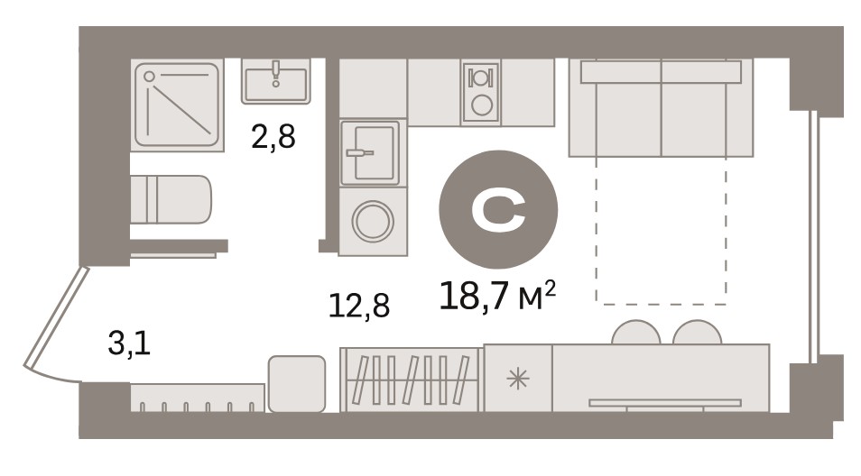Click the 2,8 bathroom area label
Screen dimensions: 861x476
[273, 137]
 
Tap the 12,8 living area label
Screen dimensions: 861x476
[359, 306]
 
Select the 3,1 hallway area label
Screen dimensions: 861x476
[129, 344]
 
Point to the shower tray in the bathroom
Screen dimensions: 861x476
[178, 105]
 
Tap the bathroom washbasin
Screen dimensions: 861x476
[275, 82]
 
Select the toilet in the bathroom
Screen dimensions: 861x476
[171, 199]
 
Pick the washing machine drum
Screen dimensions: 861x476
[373, 222]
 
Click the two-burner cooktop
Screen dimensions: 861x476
[482, 92]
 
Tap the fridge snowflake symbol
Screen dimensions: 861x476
[517, 379]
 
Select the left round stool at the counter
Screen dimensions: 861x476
[636, 333]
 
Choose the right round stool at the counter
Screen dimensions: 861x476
[698, 333]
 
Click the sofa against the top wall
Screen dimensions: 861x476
[661, 107]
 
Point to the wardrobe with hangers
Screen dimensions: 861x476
[411, 380]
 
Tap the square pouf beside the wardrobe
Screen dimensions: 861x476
[297, 384]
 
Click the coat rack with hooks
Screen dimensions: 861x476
[197, 398]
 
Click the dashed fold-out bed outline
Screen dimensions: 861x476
[662, 230]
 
